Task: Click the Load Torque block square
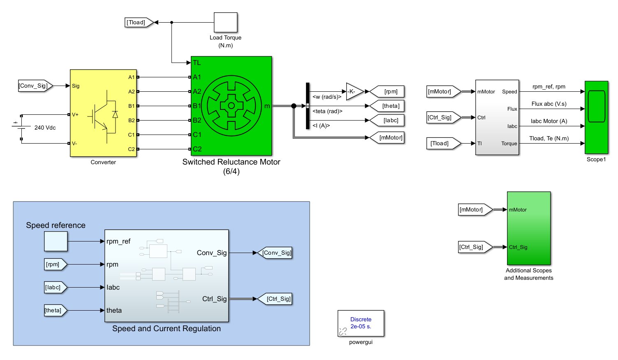point(225,22)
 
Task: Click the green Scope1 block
point(596,117)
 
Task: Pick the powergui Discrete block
point(361,323)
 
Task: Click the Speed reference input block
point(56,241)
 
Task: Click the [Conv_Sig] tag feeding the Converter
point(35,86)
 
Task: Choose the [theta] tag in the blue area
point(55,310)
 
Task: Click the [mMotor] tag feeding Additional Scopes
point(474,209)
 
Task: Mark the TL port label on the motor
point(197,63)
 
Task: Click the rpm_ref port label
point(118,241)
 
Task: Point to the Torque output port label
point(509,144)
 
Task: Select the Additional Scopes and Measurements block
point(529,228)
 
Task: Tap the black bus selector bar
point(308,106)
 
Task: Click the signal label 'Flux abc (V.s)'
point(549,104)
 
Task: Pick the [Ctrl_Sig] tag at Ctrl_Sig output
point(275,299)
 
